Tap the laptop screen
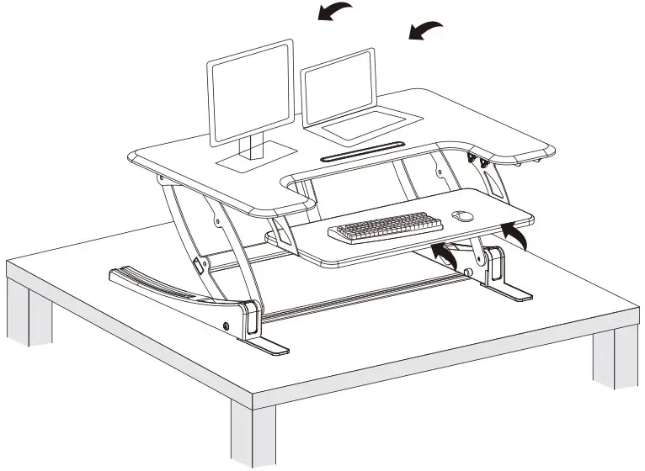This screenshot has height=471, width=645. pyautogui.click(x=339, y=87)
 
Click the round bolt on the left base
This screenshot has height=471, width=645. pyautogui.click(x=226, y=325)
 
